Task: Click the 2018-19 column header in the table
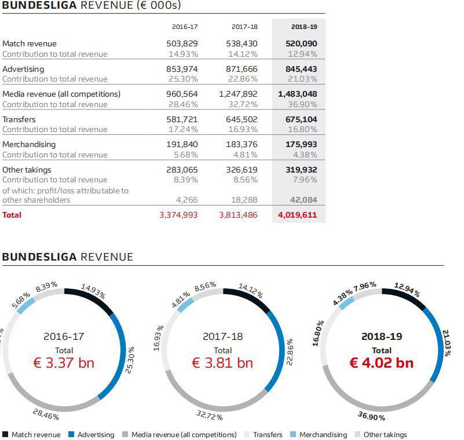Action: tap(304, 27)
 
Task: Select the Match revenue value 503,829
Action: tap(182, 43)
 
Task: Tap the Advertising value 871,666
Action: tap(242, 69)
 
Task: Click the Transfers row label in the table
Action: tap(19, 119)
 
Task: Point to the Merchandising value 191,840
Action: tap(182, 144)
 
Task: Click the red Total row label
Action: tap(12, 215)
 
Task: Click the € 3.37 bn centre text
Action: tap(64, 363)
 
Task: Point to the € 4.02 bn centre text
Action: tap(382, 363)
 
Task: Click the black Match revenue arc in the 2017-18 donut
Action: tap(249, 298)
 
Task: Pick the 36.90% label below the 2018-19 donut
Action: tap(371, 416)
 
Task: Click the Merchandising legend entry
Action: tap(323, 434)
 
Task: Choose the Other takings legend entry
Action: tap(385, 434)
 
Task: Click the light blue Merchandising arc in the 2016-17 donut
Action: tap(23, 306)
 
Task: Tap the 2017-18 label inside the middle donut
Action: tap(223, 336)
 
